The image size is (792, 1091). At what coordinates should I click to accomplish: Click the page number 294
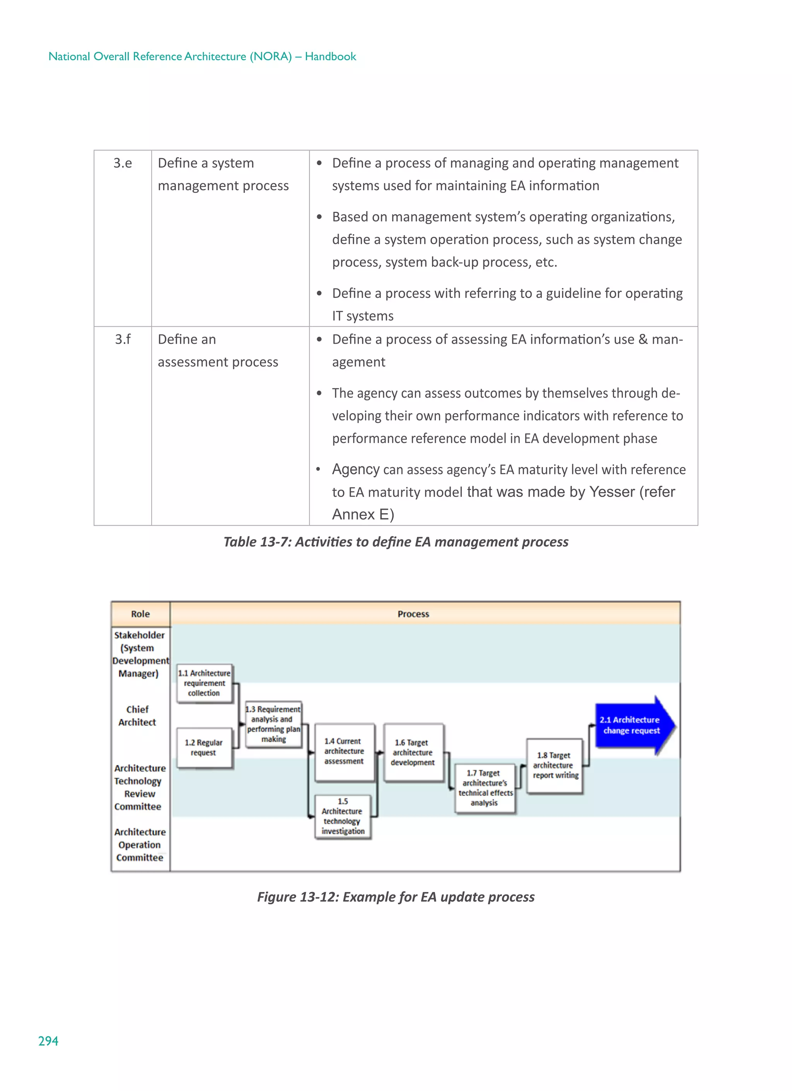pos(48,1041)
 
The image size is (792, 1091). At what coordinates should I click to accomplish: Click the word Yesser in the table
pos(612,492)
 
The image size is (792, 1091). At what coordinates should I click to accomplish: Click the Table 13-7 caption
pos(396,542)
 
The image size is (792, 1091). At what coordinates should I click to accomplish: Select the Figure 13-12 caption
pos(396,897)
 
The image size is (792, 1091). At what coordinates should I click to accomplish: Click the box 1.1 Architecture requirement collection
pos(204,683)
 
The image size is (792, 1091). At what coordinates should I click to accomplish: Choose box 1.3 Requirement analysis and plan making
pos(273,724)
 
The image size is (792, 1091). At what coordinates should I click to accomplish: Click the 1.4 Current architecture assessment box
pos(344,751)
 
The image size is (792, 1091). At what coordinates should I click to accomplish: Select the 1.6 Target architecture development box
pos(413,753)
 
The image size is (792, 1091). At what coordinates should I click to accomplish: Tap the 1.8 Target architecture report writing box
pos(555,765)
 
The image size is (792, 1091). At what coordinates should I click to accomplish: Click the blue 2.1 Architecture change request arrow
pos(631,725)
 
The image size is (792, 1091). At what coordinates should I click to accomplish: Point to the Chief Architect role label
pos(138,716)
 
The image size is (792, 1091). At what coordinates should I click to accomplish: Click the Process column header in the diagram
pos(413,614)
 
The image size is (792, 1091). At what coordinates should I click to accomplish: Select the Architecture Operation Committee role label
pos(140,845)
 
